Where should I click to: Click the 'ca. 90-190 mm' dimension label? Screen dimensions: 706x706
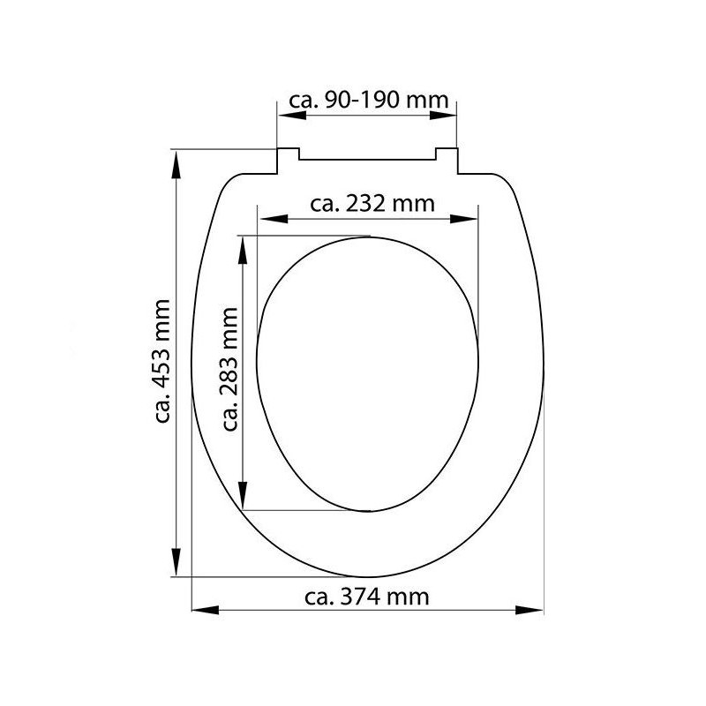click(x=368, y=100)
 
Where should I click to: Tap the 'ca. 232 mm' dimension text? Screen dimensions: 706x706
click(x=372, y=204)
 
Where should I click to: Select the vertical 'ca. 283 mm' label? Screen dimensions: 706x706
click(x=229, y=369)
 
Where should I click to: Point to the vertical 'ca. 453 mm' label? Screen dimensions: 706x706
click(x=162, y=361)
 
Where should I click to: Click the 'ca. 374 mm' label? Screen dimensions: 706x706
click(x=367, y=597)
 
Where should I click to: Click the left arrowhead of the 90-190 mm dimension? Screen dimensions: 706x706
click(x=292, y=116)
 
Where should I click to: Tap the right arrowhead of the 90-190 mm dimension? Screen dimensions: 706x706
click(x=443, y=116)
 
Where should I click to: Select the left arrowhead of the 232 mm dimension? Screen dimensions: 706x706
click(x=274, y=219)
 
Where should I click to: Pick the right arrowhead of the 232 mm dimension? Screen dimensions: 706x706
click(x=464, y=219)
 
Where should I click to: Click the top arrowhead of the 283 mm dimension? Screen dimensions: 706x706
click(x=243, y=251)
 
